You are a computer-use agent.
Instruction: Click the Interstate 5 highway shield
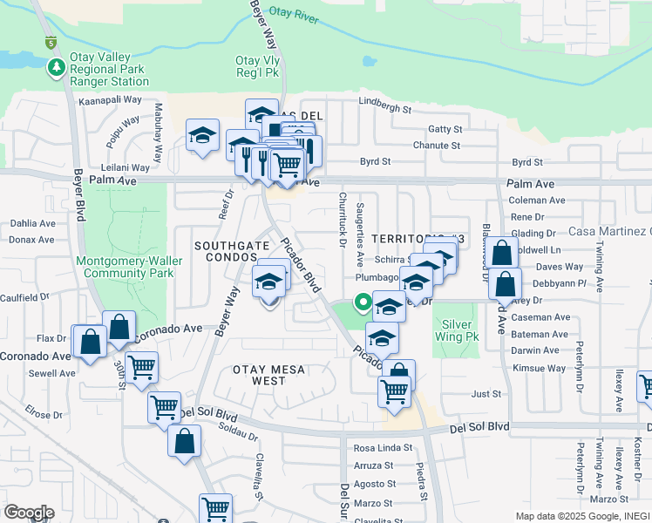coord(51,41)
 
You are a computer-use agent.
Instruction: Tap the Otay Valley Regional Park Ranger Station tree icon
coord(58,67)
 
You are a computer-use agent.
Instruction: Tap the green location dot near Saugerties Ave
coord(361,302)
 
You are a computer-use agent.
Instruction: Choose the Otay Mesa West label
coord(269,375)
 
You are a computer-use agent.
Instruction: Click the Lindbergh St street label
coord(384,108)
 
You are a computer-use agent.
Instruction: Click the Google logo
coord(29,512)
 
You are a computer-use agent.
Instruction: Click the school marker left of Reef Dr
coord(202,136)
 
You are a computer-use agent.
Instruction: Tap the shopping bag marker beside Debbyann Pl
coord(506,283)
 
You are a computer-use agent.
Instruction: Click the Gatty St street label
coord(445,129)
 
